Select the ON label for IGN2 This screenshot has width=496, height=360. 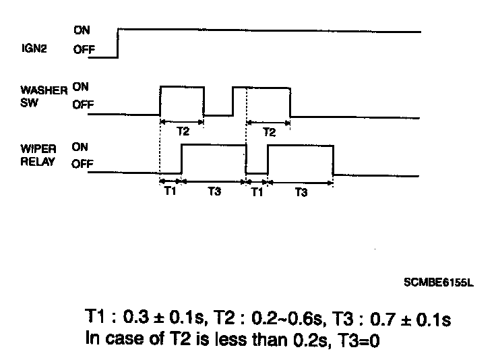coord(82,30)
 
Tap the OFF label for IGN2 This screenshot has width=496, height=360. coord(84,49)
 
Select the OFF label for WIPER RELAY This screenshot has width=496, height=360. coord(84,163)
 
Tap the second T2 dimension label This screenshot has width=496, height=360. coord(269,132)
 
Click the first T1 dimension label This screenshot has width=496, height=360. coord(170,192)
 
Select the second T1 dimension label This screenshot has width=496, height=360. coord(257,192)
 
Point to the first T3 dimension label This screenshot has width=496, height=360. coord(214,192)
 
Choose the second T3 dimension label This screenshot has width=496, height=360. coord(301,192)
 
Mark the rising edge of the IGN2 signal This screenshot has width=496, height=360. coord(119,43)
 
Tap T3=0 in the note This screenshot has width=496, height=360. coord(357,340)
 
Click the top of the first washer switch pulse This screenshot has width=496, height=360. coord(182,87)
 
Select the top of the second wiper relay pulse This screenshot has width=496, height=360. coord(301,146)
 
